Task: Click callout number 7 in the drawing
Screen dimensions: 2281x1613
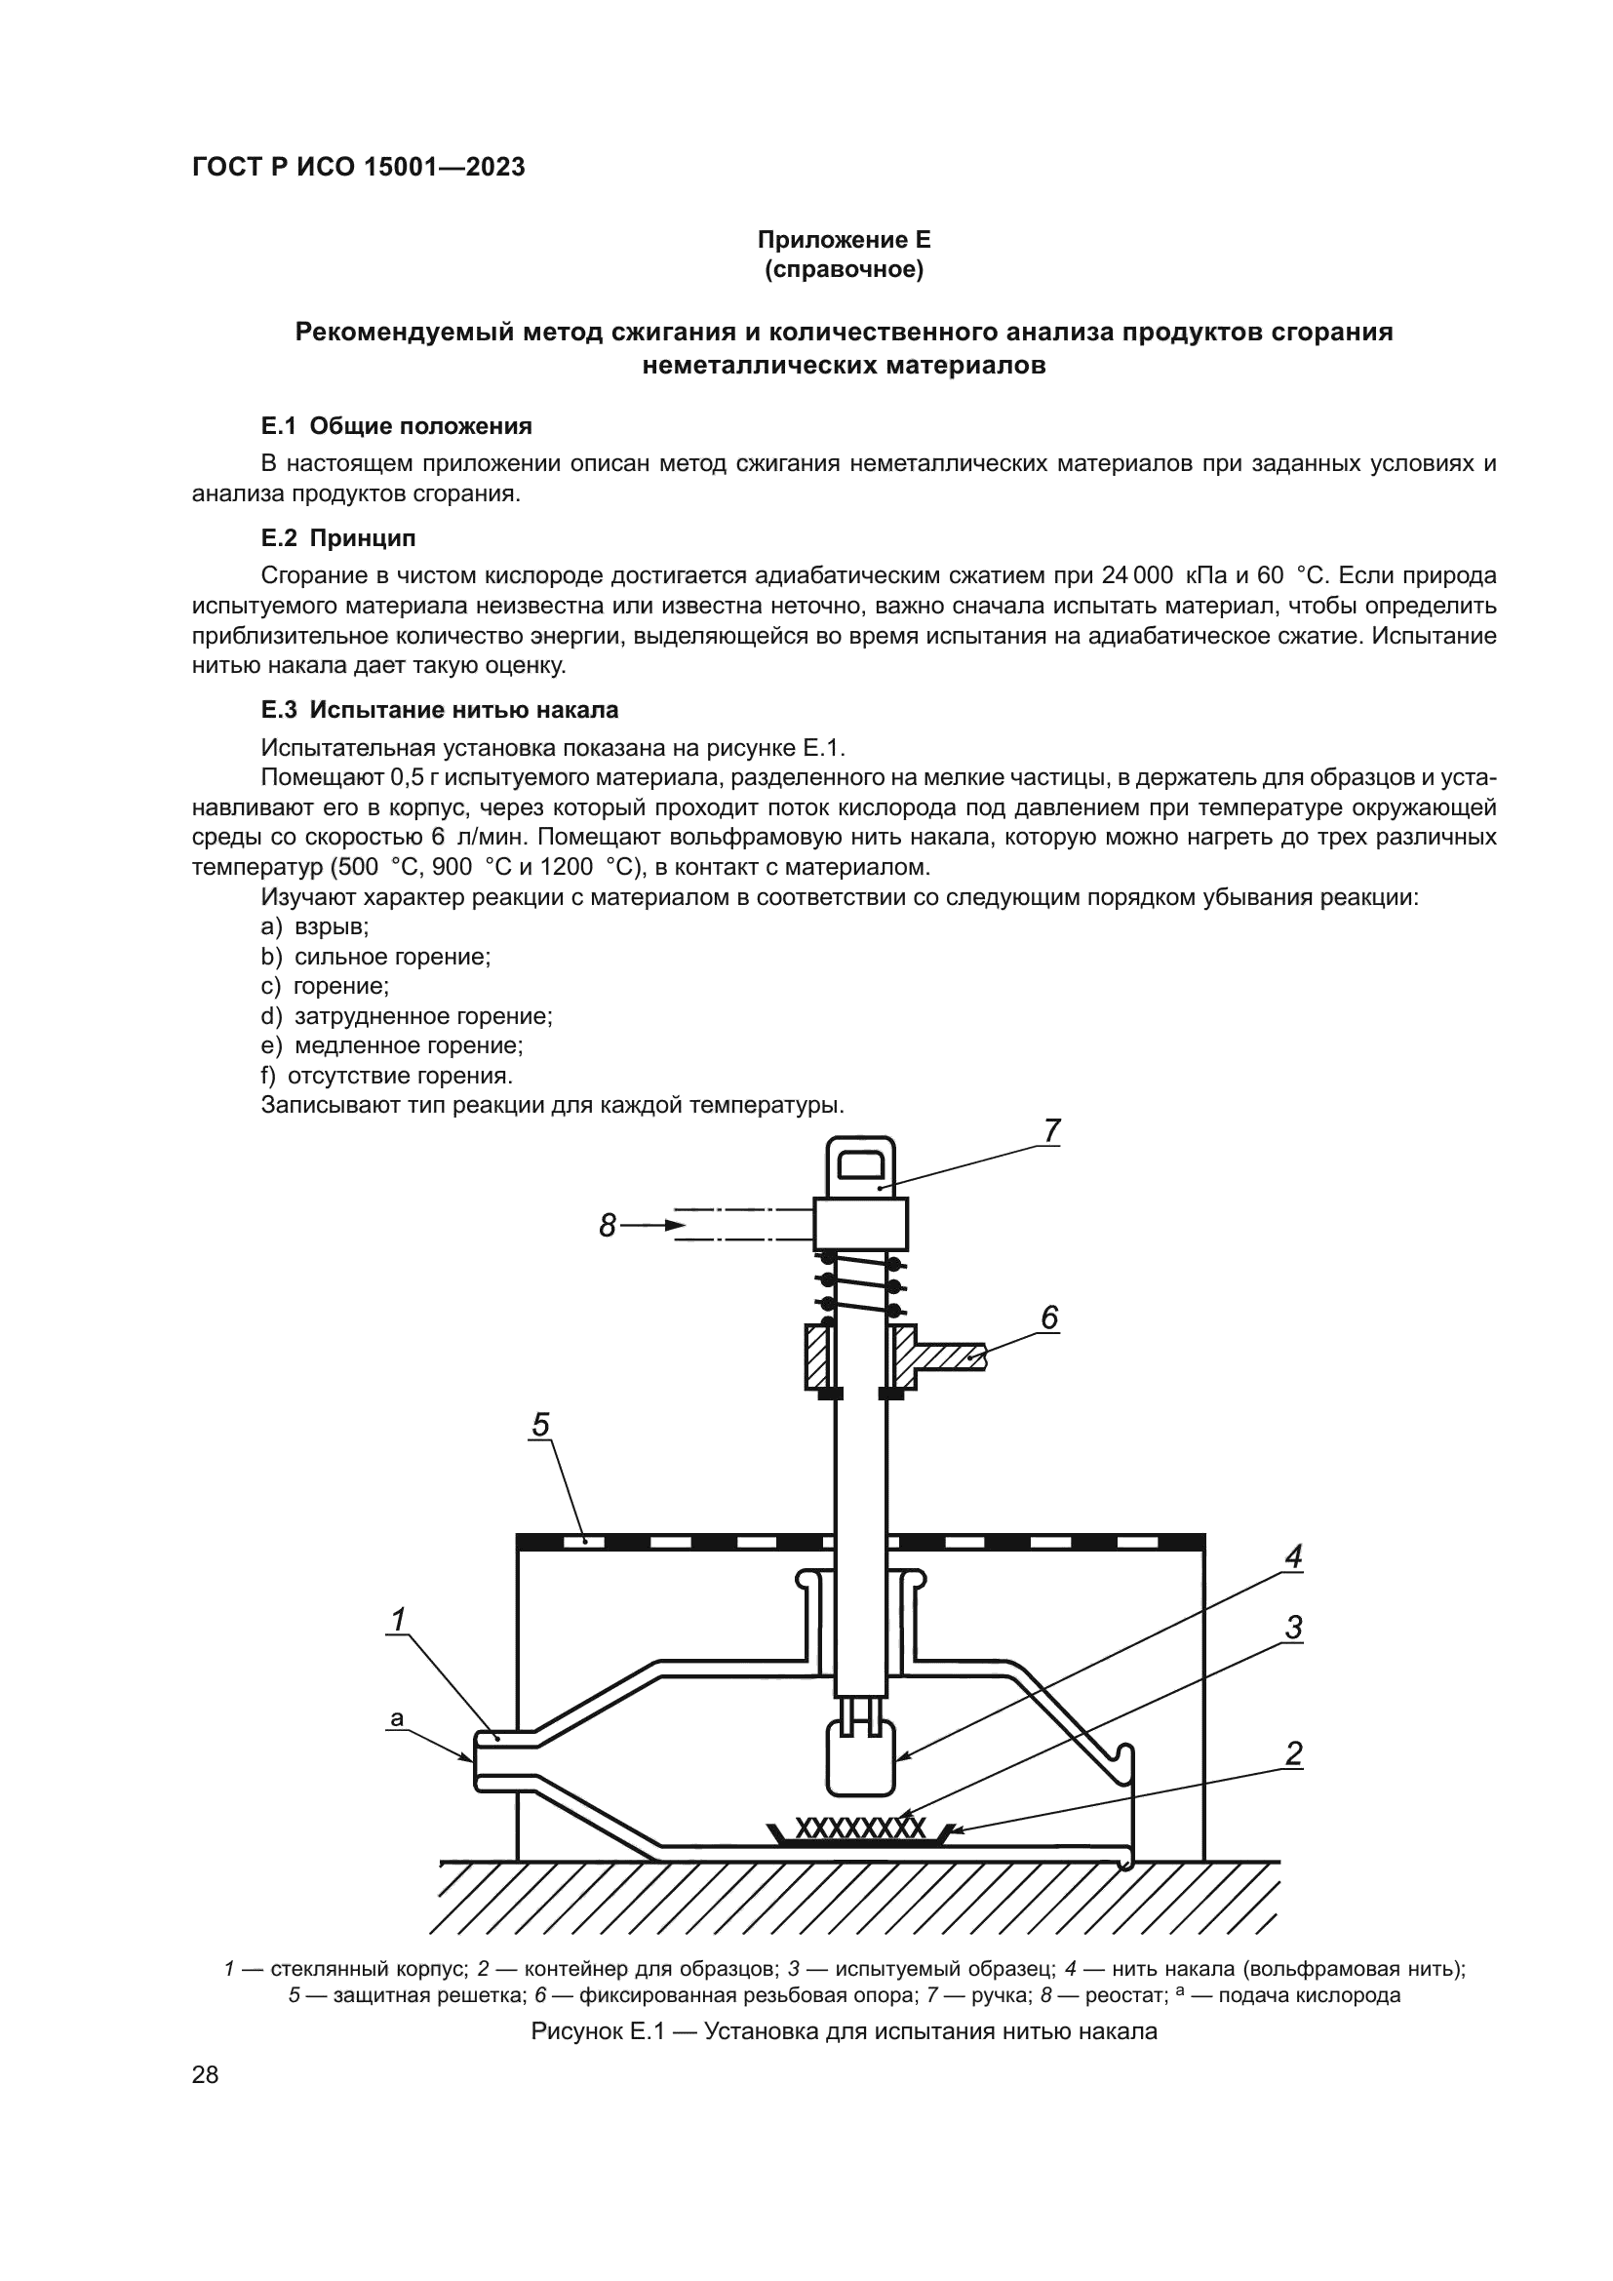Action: [x=1052, y=1130]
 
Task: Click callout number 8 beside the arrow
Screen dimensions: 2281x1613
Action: [x=608, y=1226]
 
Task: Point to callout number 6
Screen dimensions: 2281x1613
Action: [x=1049, y=1317]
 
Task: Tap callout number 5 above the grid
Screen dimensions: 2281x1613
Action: [x=540, y=1426]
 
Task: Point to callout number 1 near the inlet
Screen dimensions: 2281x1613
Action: [x=397, y=1621]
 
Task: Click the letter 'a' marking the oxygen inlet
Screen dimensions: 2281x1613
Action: [x=397, y=1717]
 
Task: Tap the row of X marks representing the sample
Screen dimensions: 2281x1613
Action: [x=860, y=1828]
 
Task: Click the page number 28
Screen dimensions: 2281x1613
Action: [x=206, y=2074]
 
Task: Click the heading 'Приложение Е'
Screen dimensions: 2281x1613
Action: [x=845, y=240]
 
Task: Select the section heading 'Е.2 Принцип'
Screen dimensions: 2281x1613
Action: [x=337, y=538]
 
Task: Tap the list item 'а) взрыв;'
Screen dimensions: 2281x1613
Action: [x=315, y=926]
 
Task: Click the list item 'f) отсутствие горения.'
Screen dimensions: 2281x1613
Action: [x=386, y=1075]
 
